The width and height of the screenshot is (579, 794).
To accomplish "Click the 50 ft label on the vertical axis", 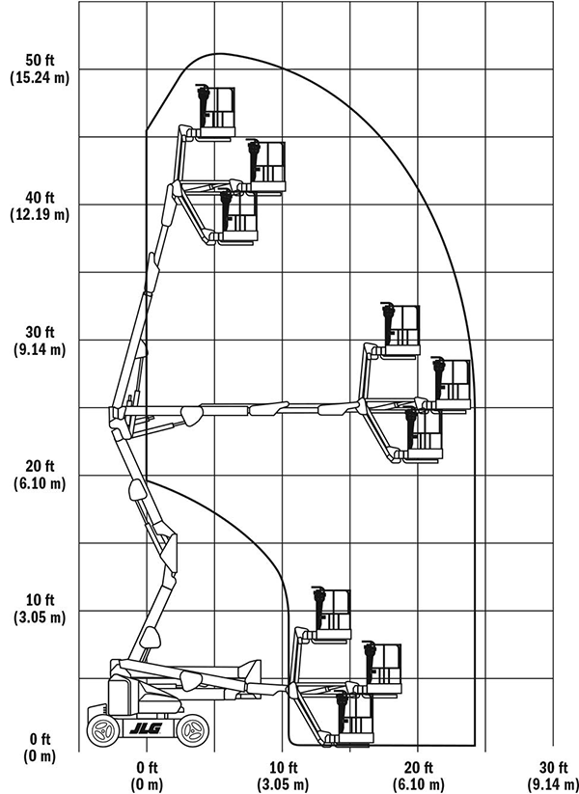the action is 40,60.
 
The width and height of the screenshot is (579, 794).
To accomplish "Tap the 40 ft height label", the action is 40,197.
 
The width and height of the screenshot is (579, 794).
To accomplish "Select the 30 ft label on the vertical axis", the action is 40,332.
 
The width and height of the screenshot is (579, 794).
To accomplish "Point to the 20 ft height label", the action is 40,466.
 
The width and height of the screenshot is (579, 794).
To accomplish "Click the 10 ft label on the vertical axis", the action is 40,600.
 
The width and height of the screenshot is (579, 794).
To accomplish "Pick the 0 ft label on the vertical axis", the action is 40,739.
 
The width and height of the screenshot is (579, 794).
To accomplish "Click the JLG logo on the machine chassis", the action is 146,729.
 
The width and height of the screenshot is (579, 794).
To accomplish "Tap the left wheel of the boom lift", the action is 104,730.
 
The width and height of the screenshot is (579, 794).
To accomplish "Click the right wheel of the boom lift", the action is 192,730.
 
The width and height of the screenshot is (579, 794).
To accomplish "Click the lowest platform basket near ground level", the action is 354,718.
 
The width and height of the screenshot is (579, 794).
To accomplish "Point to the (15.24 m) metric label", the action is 40,78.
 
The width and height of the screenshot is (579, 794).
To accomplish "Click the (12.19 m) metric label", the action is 40,215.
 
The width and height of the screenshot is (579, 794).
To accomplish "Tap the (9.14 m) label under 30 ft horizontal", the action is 553,784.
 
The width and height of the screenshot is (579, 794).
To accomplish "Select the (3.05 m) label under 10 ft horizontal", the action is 283,784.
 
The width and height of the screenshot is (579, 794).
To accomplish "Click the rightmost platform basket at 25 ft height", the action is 452,384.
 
